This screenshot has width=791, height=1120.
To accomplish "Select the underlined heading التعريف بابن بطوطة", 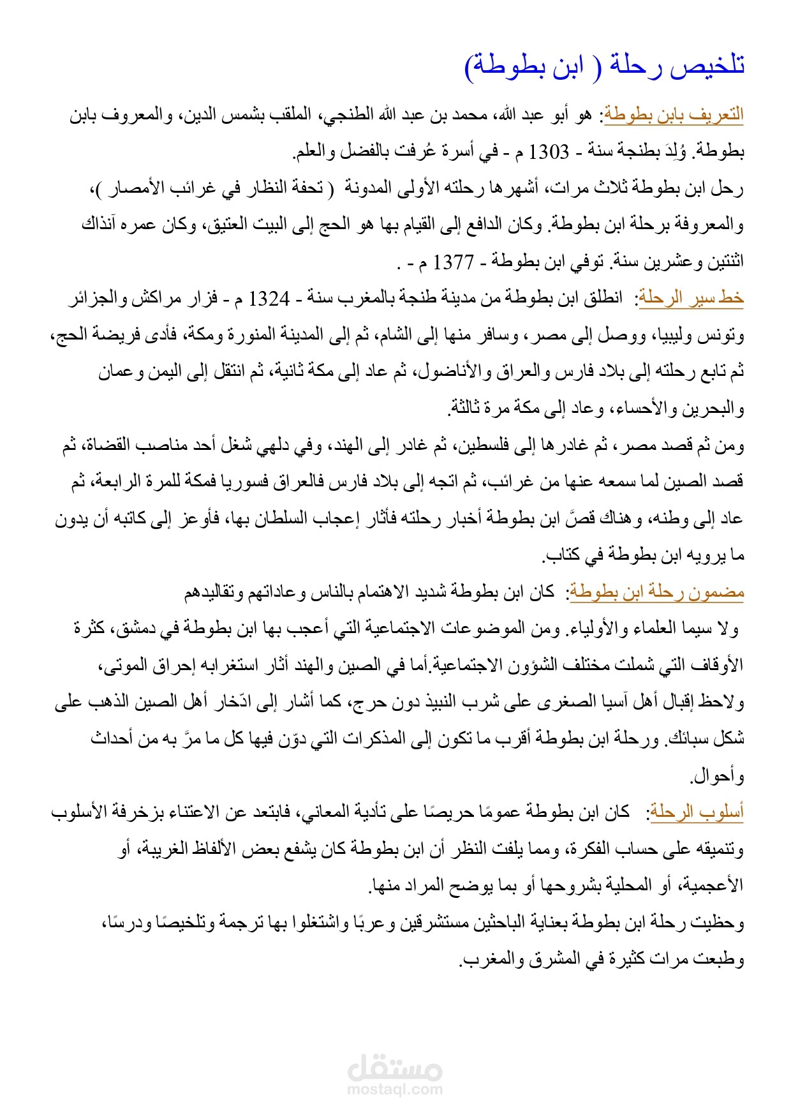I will [x=674, y=115].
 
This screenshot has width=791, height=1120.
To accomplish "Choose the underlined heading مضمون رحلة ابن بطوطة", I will [x=657, y=592].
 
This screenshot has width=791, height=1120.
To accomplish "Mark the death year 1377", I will [x=454, y=262].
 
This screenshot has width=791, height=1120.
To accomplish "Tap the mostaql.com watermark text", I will [x=395, y=1089].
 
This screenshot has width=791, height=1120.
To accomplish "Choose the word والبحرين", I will [x=711, y=408].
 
